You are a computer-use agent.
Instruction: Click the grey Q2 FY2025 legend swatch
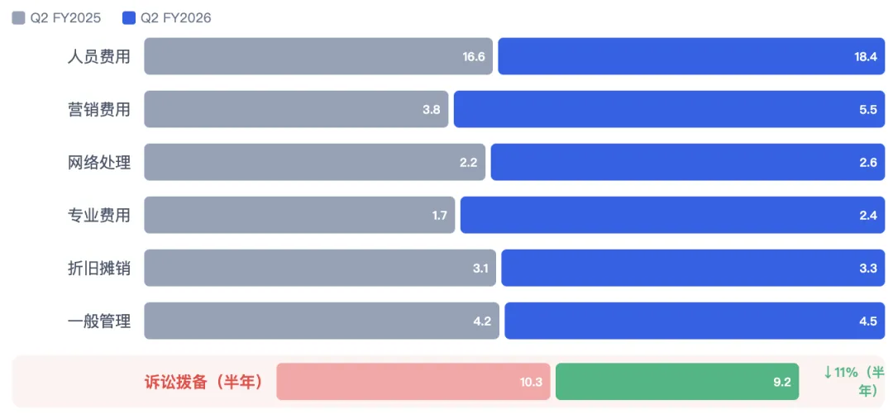pos(18,18)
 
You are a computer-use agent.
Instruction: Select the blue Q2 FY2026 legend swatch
pos(129,18)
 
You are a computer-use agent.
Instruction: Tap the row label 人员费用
pos(99,56)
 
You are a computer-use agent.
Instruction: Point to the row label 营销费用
pos(99,109)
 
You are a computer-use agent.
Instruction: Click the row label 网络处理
pos(99,162)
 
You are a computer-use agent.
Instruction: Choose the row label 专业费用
pos(99,215)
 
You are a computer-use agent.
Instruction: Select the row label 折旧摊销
pos(99,269)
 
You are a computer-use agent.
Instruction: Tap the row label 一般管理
pos(99,321)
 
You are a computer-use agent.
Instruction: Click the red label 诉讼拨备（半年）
pos(204,382)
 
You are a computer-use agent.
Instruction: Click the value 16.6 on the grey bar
pos(474,57)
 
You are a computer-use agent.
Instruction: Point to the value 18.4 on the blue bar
pos(866,57)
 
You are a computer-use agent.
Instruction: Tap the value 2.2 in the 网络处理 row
pos(468,163)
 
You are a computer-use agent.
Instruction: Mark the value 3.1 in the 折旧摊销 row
pos(480,269)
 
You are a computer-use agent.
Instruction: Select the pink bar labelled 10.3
pos(413,382)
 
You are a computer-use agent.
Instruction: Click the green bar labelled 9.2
pos(677,382)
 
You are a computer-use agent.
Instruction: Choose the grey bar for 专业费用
pos(299,215)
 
